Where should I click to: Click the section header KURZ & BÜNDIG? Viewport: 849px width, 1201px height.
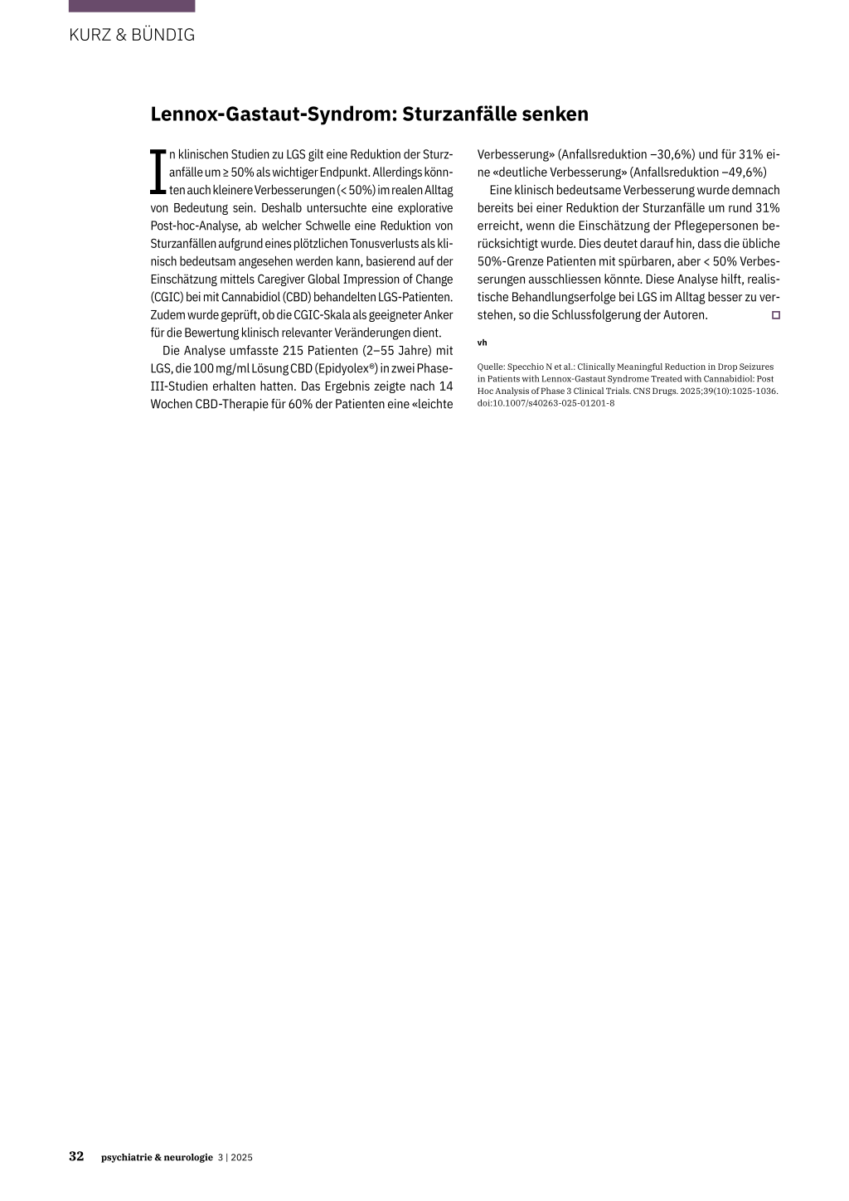[132, 35]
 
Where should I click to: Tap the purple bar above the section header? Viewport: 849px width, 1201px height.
[132, 6]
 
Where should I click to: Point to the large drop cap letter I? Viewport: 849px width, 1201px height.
[158, 173]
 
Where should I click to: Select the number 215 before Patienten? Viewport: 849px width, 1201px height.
[294, 351]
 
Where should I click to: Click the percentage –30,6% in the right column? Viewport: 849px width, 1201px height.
[670, 155]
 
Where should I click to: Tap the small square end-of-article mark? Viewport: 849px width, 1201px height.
[776, 315]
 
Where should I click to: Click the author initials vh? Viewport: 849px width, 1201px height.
[482, 343]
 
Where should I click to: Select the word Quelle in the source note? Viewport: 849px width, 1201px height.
[490, 367]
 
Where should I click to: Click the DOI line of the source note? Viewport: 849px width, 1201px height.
[546, 403]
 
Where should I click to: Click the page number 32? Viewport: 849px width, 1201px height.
[76, 1157]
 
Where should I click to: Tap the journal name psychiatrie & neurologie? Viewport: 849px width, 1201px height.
[157, 1158]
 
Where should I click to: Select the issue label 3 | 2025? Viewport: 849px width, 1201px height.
[235, 1158]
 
